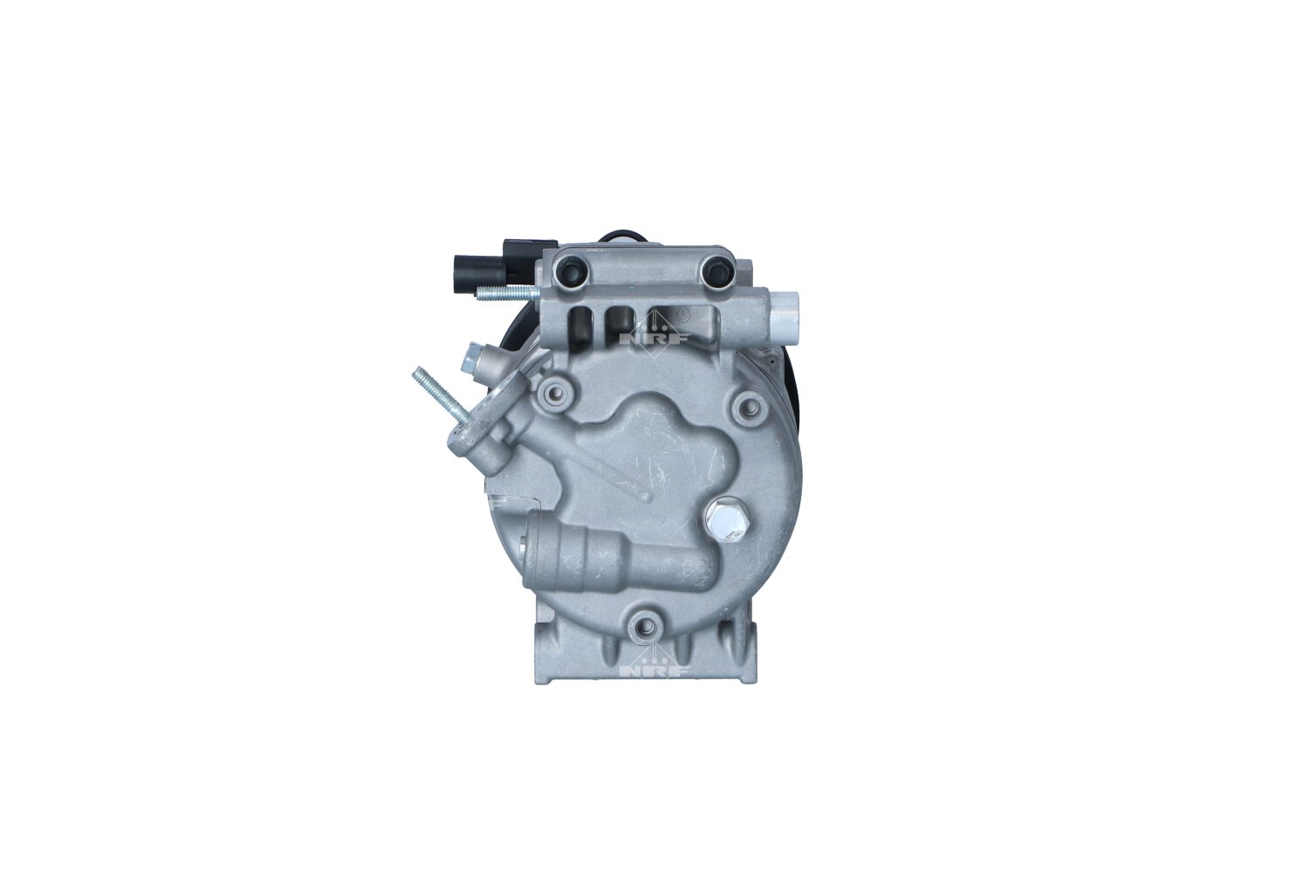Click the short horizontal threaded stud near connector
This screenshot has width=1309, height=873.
click(x=509, y=293)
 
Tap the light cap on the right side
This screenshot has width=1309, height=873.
click(x=785, y=313)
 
